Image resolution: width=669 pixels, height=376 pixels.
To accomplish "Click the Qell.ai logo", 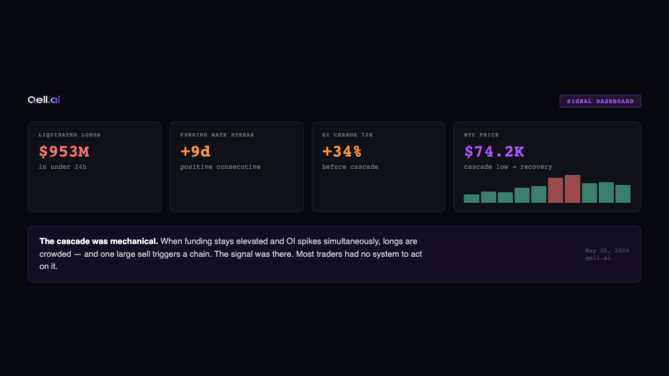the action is point(43,100).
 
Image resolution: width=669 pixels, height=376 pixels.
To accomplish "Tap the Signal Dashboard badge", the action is point(600,101).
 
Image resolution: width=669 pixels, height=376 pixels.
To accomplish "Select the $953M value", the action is point(64,152).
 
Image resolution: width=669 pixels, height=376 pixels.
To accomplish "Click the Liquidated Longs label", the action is point(69,135).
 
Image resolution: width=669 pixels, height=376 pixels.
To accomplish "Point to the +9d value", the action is point(195,152).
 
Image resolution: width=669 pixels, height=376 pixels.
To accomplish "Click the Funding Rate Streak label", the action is point(217,135).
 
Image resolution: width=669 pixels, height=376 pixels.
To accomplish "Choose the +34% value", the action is point(342,152).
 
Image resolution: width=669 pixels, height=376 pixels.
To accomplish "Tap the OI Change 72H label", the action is point(347,135).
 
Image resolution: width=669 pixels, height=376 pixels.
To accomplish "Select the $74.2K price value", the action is point(495,152).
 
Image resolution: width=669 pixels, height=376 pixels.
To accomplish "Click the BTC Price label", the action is point(481,135).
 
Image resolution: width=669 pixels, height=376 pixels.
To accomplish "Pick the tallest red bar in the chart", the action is point(572,189).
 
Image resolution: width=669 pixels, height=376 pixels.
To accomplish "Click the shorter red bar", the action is point(555,191).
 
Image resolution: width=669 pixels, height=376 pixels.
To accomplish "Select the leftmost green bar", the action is point(472,199).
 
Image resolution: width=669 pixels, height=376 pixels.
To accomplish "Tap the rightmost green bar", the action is point(623,194).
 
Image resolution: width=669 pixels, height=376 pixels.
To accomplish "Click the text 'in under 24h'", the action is point(62,167).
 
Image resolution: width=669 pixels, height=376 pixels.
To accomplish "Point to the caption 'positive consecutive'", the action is point(220,167).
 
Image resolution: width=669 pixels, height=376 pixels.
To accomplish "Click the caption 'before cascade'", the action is point(350,167).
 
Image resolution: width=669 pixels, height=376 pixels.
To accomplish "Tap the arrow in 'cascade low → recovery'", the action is point(514,167).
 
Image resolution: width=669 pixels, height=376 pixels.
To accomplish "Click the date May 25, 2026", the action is point(607,251).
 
